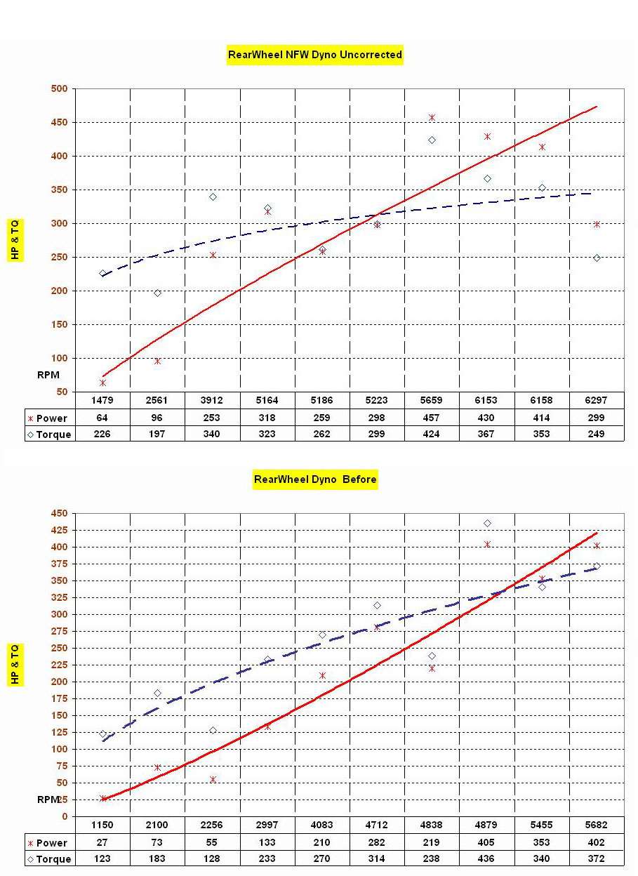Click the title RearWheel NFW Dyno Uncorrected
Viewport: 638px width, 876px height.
click(315, 55)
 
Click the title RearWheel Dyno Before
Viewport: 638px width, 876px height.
click(315, 480)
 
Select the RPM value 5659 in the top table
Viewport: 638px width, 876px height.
click(431, 401)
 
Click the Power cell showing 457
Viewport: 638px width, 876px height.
click(431, 418)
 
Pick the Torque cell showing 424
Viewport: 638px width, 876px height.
click(431, 434)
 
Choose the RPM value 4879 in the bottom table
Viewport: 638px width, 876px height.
click(486, 825)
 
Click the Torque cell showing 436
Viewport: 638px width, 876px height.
click(486, 858)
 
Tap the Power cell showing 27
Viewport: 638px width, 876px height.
click(103, 842)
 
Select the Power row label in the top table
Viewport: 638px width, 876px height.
click(51, 418)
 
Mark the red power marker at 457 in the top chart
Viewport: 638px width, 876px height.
click(432, 118)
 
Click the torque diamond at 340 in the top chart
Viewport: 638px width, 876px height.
click(213, 197)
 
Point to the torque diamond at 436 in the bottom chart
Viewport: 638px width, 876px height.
click(487, 523)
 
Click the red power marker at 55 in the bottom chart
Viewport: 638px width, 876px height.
click(213, 779)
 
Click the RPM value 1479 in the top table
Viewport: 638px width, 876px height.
click(103, 401)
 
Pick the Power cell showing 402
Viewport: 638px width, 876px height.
click(596, 842)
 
